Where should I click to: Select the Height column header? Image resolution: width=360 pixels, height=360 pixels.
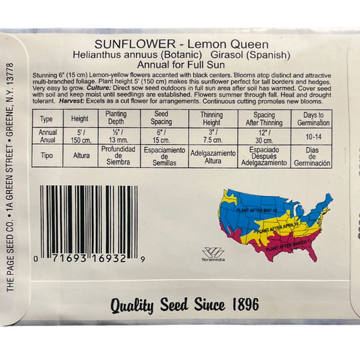click(x=80, y=118)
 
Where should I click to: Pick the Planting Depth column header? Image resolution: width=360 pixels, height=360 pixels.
click(x=116, y=118)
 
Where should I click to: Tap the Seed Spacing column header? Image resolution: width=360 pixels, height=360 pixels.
click(x=161, y=118)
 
